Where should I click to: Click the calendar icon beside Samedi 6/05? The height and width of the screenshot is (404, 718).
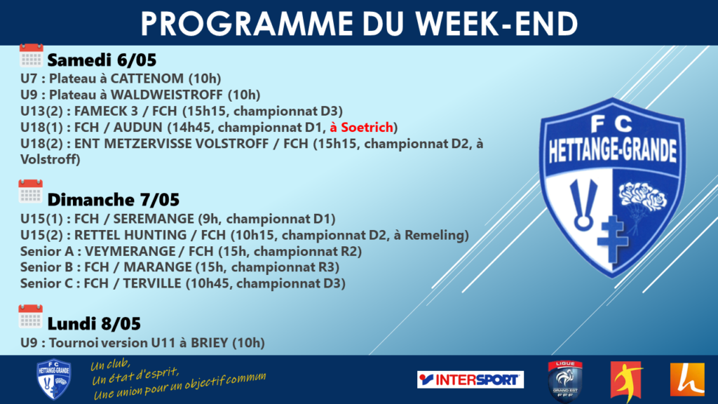coord(31,55)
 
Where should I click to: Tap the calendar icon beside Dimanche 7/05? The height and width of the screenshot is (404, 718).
coord(30,191)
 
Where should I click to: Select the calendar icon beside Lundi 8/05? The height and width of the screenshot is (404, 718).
coord(30,316)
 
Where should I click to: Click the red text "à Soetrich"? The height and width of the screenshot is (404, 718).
coord(361,128)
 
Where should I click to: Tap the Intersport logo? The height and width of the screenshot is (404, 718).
coord(470,379)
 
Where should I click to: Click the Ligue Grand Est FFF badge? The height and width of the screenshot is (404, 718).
coord(565,381)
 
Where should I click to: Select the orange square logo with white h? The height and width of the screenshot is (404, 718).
coord(687,379)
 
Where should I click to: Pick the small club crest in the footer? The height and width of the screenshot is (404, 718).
coord(53,379)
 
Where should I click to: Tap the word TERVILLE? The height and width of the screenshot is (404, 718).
coord(152,283)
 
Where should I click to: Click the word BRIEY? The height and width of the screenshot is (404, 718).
coord(209,343)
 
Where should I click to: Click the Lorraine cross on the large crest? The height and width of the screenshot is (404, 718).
coord(611,239)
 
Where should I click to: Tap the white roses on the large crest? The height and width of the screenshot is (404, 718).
coord(642,196)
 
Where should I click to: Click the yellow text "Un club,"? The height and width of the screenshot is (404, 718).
coord(110,365)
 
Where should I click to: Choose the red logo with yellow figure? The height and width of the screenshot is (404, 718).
coord(626,380)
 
